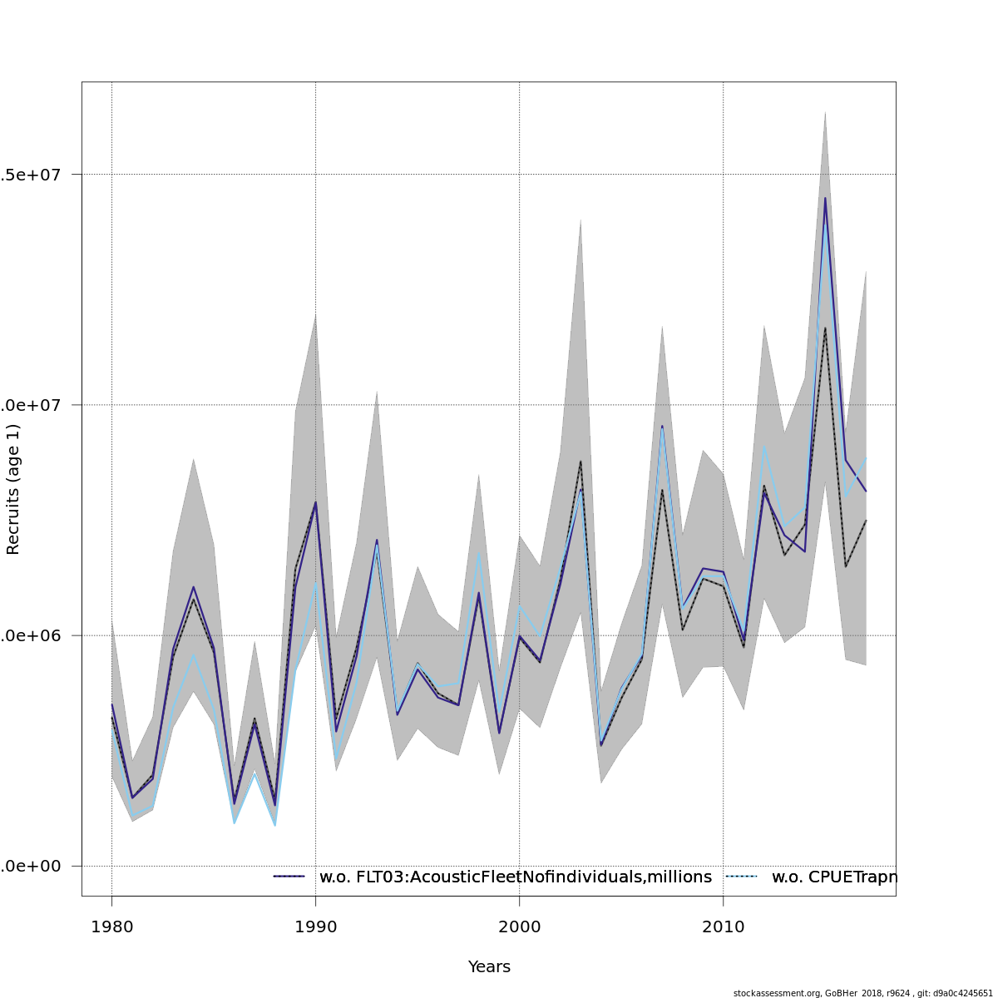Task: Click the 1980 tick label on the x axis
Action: [x=111, y=927]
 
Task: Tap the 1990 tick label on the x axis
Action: [x=315, y=927]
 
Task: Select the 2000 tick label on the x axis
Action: [x=519, y=927]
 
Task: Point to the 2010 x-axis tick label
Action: [x=723, y=927]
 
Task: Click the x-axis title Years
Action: [x=489, y=966]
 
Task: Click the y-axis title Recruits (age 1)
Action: [x=13, y=489]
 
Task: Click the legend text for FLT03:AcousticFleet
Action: [x=516, y=877]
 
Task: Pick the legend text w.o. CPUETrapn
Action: [x=834, y=877]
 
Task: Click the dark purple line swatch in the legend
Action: [x=289, y=877]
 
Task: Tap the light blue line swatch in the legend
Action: [x=742, y=877]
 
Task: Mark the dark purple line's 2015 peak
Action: [x=825, y=198]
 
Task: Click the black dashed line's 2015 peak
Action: [x=825, y=328]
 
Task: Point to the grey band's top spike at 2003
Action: [x=581, y=220]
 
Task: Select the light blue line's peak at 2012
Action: [x=764, y=447]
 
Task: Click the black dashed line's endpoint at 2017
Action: [x=866, y=521]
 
